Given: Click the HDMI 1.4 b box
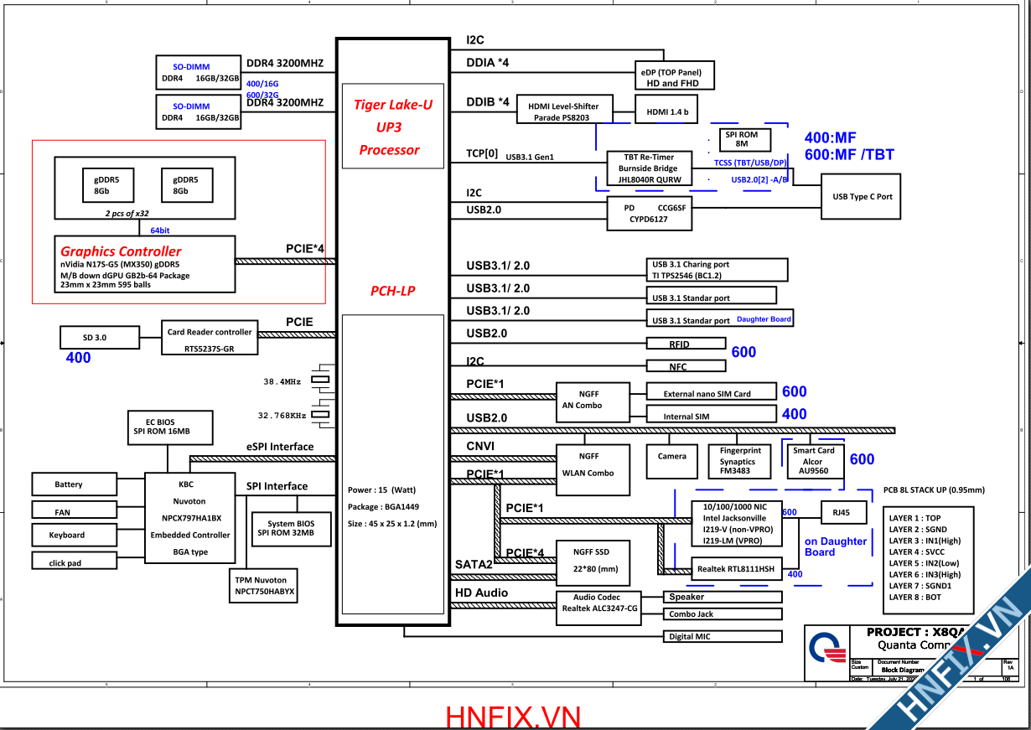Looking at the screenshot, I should (668, 111).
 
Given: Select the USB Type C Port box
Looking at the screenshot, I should (862, 197).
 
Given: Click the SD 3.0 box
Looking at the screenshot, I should (94, 338).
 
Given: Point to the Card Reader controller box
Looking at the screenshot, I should (210, 339).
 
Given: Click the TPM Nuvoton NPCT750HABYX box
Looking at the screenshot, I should (264, 586).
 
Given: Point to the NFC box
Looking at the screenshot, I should (686, 366).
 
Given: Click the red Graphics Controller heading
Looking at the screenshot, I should (121, 251).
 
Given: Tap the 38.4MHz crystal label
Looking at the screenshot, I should (282, 381).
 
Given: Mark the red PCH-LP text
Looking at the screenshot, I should (393, 291).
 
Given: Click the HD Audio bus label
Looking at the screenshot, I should (480, 593).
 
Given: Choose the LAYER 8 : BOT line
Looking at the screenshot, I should (915, 598).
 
